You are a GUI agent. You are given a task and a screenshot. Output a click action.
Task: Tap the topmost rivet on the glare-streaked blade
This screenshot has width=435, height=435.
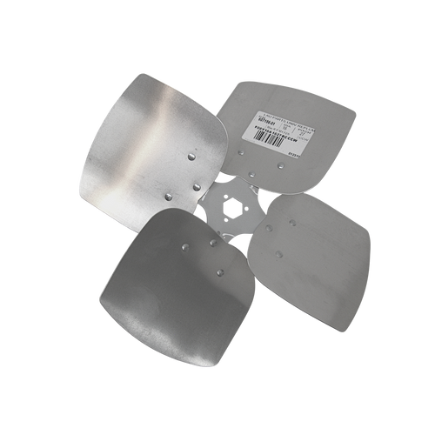pyautogui.click(x=191, y=154)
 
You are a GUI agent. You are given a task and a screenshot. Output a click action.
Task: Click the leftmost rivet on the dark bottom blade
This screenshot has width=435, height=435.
pyautogui.click(x=184, y=249)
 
